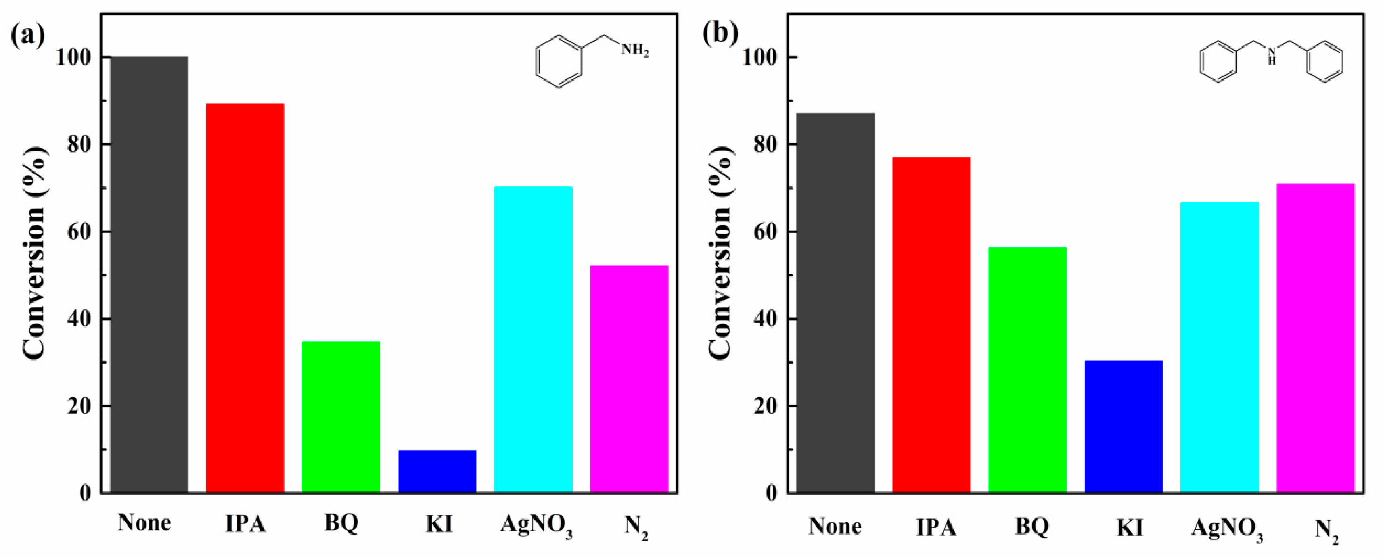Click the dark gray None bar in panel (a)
[x=149, y=274]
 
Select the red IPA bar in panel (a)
[x=245, y=298]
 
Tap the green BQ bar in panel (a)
[x=341, y=417]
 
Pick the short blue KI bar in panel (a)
[x=437, y=471]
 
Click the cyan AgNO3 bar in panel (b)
[x=1219, y=347]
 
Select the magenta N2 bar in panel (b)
[x=1315, y=338]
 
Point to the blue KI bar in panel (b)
[x=1123, y=426]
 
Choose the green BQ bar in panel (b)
[x=1027, y=370]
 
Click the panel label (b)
[x=720, y=33]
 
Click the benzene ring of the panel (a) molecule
[x=559, y=62]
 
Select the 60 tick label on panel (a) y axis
[x=79, y=232]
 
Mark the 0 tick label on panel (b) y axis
[x=772, y=493]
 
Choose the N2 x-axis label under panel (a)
[x=636, y=526]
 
